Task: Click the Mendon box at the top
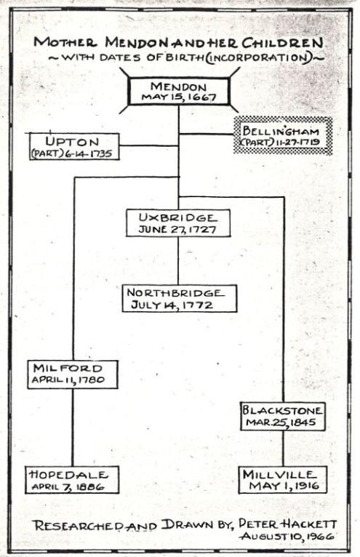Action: [x=179, y=92]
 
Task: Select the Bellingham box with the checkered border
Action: [x=283, y=136]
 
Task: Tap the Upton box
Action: [x=74, y=147]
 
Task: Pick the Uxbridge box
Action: [x=178, y=223]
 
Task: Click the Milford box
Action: [x=73, y=374]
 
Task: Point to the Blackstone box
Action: [x=283, y=417]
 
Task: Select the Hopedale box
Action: [x=72, y=480]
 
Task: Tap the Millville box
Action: [x=283, y=480]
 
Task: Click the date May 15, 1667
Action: [x=179, y=97]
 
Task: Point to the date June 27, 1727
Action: [x=177, y=229]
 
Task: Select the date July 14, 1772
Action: [x=172, y=305]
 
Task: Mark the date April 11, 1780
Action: [x=68, y=380]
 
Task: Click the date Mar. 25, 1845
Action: [x=281, y=422]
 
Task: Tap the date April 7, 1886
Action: [x=68, y=486]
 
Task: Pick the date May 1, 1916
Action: [x=284, y=486]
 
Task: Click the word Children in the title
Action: [x=283, y=43]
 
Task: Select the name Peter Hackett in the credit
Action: [x=287, y=524]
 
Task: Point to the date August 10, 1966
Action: [x=287, y=536]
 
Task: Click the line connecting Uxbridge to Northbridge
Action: [x=178, y=261]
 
